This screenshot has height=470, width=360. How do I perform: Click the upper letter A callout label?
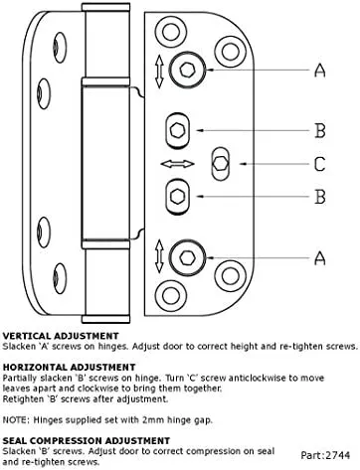coord(320,71)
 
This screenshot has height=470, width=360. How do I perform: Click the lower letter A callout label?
coord(320,258)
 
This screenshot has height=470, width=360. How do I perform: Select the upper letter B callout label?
coord(320,130)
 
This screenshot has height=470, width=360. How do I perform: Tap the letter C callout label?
coord(320,164)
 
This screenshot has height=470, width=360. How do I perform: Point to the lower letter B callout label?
coord(320,197)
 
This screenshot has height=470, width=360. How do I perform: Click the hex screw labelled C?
coord(220,164)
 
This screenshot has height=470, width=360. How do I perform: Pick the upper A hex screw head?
coord(188,70)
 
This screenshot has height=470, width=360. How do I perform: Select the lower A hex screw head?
coord(187,257)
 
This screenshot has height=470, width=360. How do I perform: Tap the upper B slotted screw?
coord(177,130)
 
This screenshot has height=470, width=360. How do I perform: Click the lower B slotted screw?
coord(177,197)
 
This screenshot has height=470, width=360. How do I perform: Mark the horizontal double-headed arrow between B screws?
coord(177,164)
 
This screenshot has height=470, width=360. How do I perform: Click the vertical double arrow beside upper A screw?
coord(159,72)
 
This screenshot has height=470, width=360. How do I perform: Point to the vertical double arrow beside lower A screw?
coord(159,256)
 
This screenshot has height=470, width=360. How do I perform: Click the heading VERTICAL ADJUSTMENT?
coord(61,336)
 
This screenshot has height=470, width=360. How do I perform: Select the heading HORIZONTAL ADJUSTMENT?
coord(69,367)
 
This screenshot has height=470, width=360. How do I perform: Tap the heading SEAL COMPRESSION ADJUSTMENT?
coord(87,441)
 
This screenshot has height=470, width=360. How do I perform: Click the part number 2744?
coord(338,455)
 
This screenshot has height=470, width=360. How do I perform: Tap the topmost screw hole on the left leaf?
coord(60,48)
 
